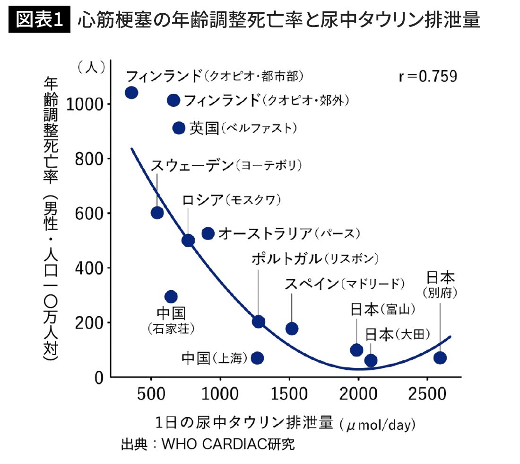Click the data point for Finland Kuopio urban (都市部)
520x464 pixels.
[131, 92]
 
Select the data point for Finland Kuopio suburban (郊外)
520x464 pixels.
[173, 100]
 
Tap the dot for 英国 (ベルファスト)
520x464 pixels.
[179, 128]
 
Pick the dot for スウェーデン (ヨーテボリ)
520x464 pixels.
[157, 213]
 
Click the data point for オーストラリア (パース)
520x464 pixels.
[208, 233]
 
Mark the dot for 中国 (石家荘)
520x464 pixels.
[171, 297]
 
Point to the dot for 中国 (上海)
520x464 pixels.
[257, 357]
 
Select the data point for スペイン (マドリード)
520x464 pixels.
[292, 329]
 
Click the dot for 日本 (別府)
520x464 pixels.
[440, 357]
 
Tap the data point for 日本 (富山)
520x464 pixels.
[356, 350]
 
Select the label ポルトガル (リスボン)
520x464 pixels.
[315, 259]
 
